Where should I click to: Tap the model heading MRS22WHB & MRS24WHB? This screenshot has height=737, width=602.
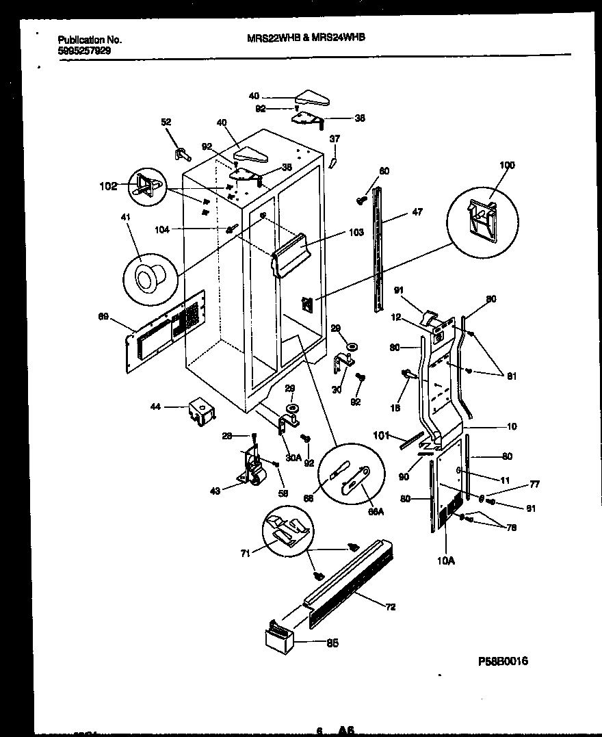coord(306,39)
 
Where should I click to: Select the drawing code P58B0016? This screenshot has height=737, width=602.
coord(503,662)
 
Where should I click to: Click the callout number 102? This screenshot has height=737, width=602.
coord(108,185)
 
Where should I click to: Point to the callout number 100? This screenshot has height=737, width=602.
coord(507,165)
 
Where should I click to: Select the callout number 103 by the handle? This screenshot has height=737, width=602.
coord(356,233)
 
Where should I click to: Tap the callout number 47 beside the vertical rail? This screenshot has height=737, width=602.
coord(417,212)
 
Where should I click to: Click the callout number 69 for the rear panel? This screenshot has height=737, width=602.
coord(103,316)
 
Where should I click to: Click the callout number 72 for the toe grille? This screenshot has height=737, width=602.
coord(390,607)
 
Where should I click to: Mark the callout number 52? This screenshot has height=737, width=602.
coord(166,122)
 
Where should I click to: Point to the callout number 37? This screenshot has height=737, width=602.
coord(335,139)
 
